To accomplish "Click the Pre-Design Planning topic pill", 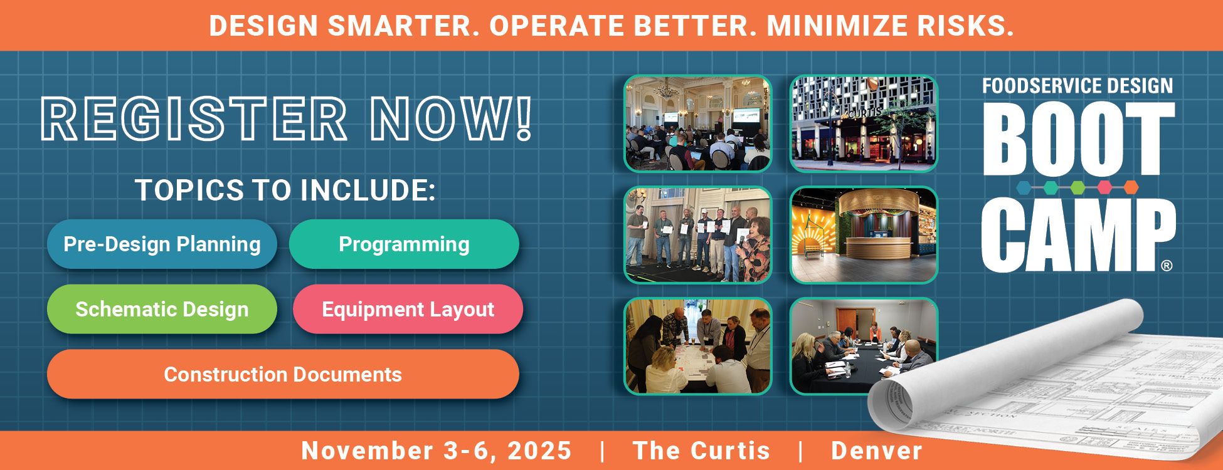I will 162,244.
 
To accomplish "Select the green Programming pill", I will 404,244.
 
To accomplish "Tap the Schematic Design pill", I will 162,310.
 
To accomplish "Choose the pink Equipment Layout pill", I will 408,310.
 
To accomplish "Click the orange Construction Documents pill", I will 283,375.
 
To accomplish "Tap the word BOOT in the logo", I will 1077,139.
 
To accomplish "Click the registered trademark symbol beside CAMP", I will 1167,266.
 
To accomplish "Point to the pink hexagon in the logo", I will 1104,187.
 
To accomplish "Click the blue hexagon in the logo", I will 1024,187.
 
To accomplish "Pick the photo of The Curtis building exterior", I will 864,123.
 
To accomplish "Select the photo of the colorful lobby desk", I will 864,235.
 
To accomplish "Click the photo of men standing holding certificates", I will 697,235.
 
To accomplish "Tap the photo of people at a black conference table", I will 864,347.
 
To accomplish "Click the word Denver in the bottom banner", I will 876,451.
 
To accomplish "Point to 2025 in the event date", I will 539,451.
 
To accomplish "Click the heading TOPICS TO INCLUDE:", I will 285,191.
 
